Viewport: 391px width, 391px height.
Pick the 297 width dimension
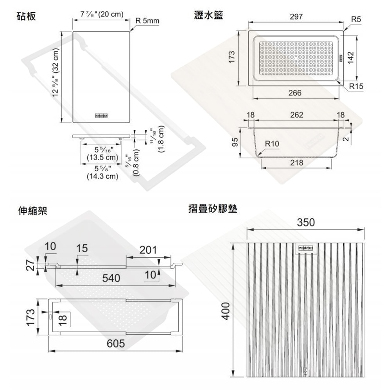tap(296, 17)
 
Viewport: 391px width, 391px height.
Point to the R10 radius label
tap(272, 144)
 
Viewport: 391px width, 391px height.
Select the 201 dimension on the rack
tap(148, 250)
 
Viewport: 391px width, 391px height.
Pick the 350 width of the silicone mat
tap(306, 222)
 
